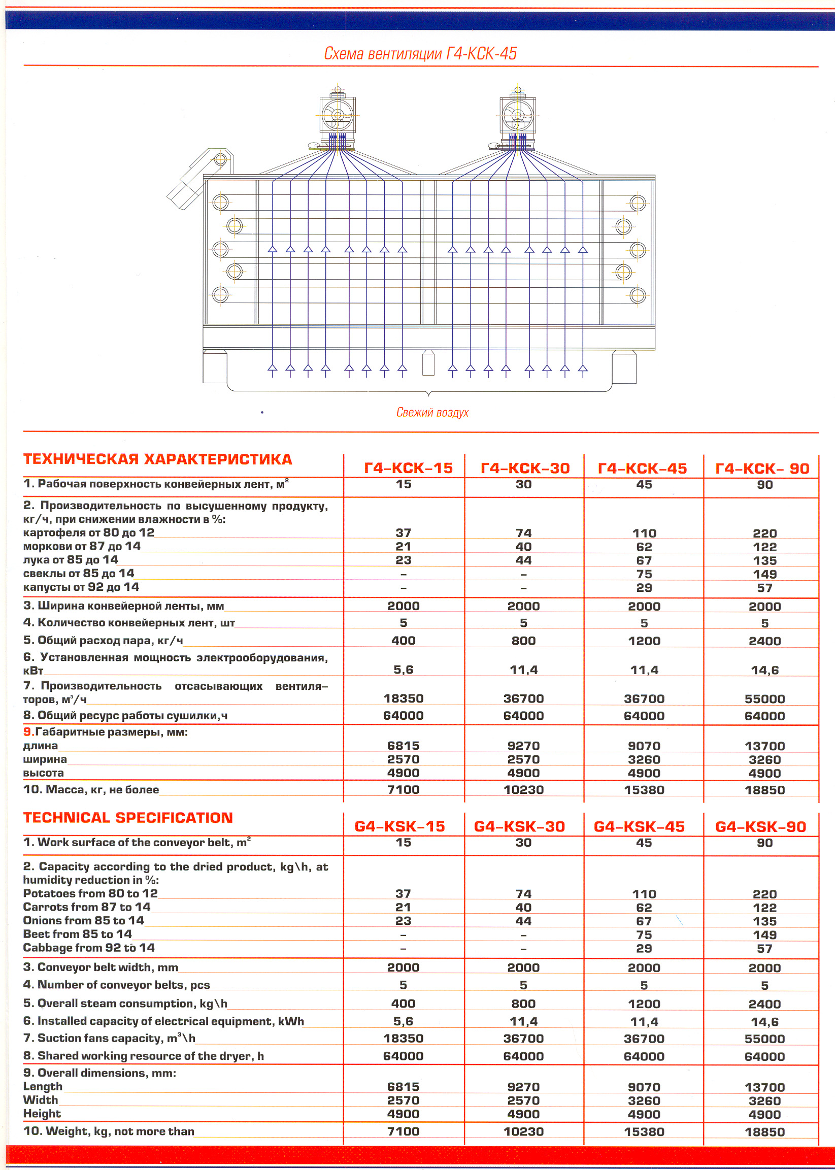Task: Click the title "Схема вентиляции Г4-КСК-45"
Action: click(x=420, y=53)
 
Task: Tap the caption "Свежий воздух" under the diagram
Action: click(x=432, y=412)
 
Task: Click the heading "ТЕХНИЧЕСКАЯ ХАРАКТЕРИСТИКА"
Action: click(x=157, y=459)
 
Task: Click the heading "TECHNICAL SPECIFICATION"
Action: click(x=128, y=817)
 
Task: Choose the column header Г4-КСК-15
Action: click(x=408, y=468)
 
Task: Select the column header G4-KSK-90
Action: click(x=760, y=826)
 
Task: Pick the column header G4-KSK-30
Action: click(x=519, y=826)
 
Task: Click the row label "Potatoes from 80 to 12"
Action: click(x=90, y=893)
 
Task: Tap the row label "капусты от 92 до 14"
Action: click(x=81, y=587)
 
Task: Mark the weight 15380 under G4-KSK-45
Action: click(x=644, y=1131)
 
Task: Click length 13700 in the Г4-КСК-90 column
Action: click(x=764, y=746)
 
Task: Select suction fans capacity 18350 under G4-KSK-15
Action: click(x=403, y=1039)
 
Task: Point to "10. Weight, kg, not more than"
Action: click(x=109, y=1131)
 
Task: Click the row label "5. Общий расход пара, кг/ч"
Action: click(x=104, y=640)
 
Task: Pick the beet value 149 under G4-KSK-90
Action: click(x=764, y=935)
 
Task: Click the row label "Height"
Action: click(x=42, y=1114)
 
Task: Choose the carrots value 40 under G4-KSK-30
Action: click(x=523, y=907)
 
